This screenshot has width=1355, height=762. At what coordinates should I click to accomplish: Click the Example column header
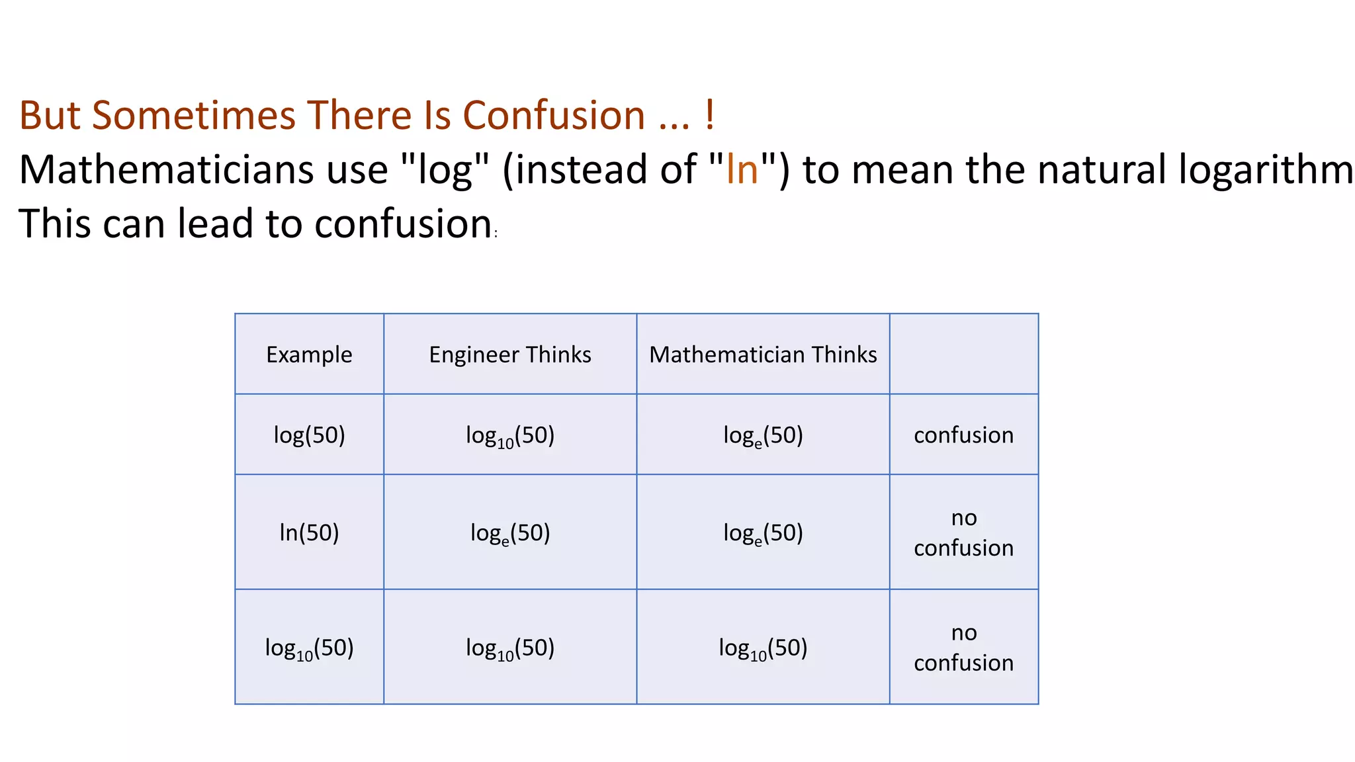(309, 355)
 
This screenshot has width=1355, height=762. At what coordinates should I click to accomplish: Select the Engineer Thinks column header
(510, 355)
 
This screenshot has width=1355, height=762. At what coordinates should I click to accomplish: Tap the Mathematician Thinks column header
(763, 355)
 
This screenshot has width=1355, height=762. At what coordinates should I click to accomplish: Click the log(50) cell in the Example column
(309, 435)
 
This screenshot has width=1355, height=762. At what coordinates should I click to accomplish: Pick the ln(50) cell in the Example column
(309, 532)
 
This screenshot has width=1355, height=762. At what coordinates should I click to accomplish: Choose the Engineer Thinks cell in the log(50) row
(510, 435)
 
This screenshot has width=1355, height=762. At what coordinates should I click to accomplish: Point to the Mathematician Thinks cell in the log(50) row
(763, 435)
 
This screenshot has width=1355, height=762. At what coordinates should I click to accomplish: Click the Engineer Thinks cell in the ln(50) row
(510, 532)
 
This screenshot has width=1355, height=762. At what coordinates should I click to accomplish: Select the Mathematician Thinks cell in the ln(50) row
(763, 532)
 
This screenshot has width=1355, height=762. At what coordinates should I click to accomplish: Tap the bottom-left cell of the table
(309, 648)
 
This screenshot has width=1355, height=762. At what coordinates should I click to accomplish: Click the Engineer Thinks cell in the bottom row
(510, 648)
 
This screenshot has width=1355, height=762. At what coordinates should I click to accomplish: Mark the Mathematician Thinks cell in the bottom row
(763, 648)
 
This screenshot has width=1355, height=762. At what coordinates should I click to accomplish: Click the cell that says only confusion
(963, 435)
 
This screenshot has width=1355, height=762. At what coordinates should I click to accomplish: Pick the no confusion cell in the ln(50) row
(963, 532)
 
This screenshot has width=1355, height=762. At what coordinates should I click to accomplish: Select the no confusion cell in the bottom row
(963, 648)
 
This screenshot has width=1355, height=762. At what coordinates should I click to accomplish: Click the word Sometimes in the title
(193, 115)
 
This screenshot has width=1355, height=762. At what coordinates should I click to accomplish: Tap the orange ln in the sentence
(742, 169)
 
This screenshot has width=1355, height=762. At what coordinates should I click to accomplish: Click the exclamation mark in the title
(709, 115)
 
